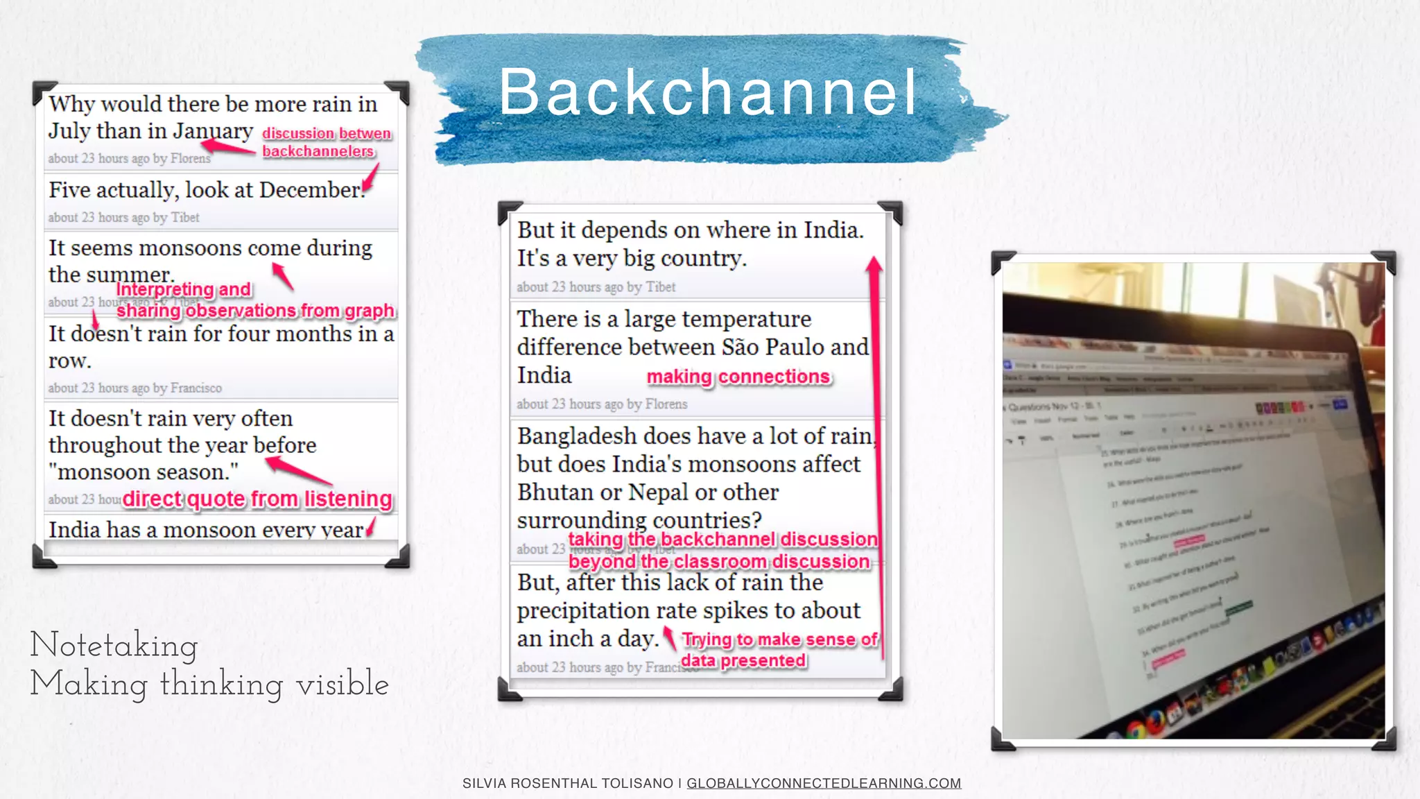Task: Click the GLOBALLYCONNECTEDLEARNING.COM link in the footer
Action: pyautogui.click(x=824, y=783)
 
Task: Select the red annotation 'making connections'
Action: pyautogui.click(x=738, y=377)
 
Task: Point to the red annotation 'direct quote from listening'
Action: pyautogui.click(x=257, y=499)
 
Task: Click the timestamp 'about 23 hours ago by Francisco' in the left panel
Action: pyautogui.click(x=135, y=388)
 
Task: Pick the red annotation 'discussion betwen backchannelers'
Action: pyautogui.click(x=326, y=142)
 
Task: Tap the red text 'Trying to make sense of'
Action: pyautogui.click(x=779, y=639)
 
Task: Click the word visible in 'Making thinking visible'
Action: pyautogui.click(x=342, y=685)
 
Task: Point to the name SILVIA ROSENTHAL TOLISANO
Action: pyautogui.click(x=568, y=783)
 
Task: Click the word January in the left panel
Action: pyautogui.click(x=213, y=131)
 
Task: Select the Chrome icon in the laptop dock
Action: pyautogui.click(x=1135, y=729)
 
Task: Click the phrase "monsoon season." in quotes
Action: pyautogui.click(x=144, y=472)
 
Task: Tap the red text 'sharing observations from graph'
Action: pyautogui.click(x=255, y=311)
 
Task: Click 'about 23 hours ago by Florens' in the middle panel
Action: pyautogui.click(x=602, y=404)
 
